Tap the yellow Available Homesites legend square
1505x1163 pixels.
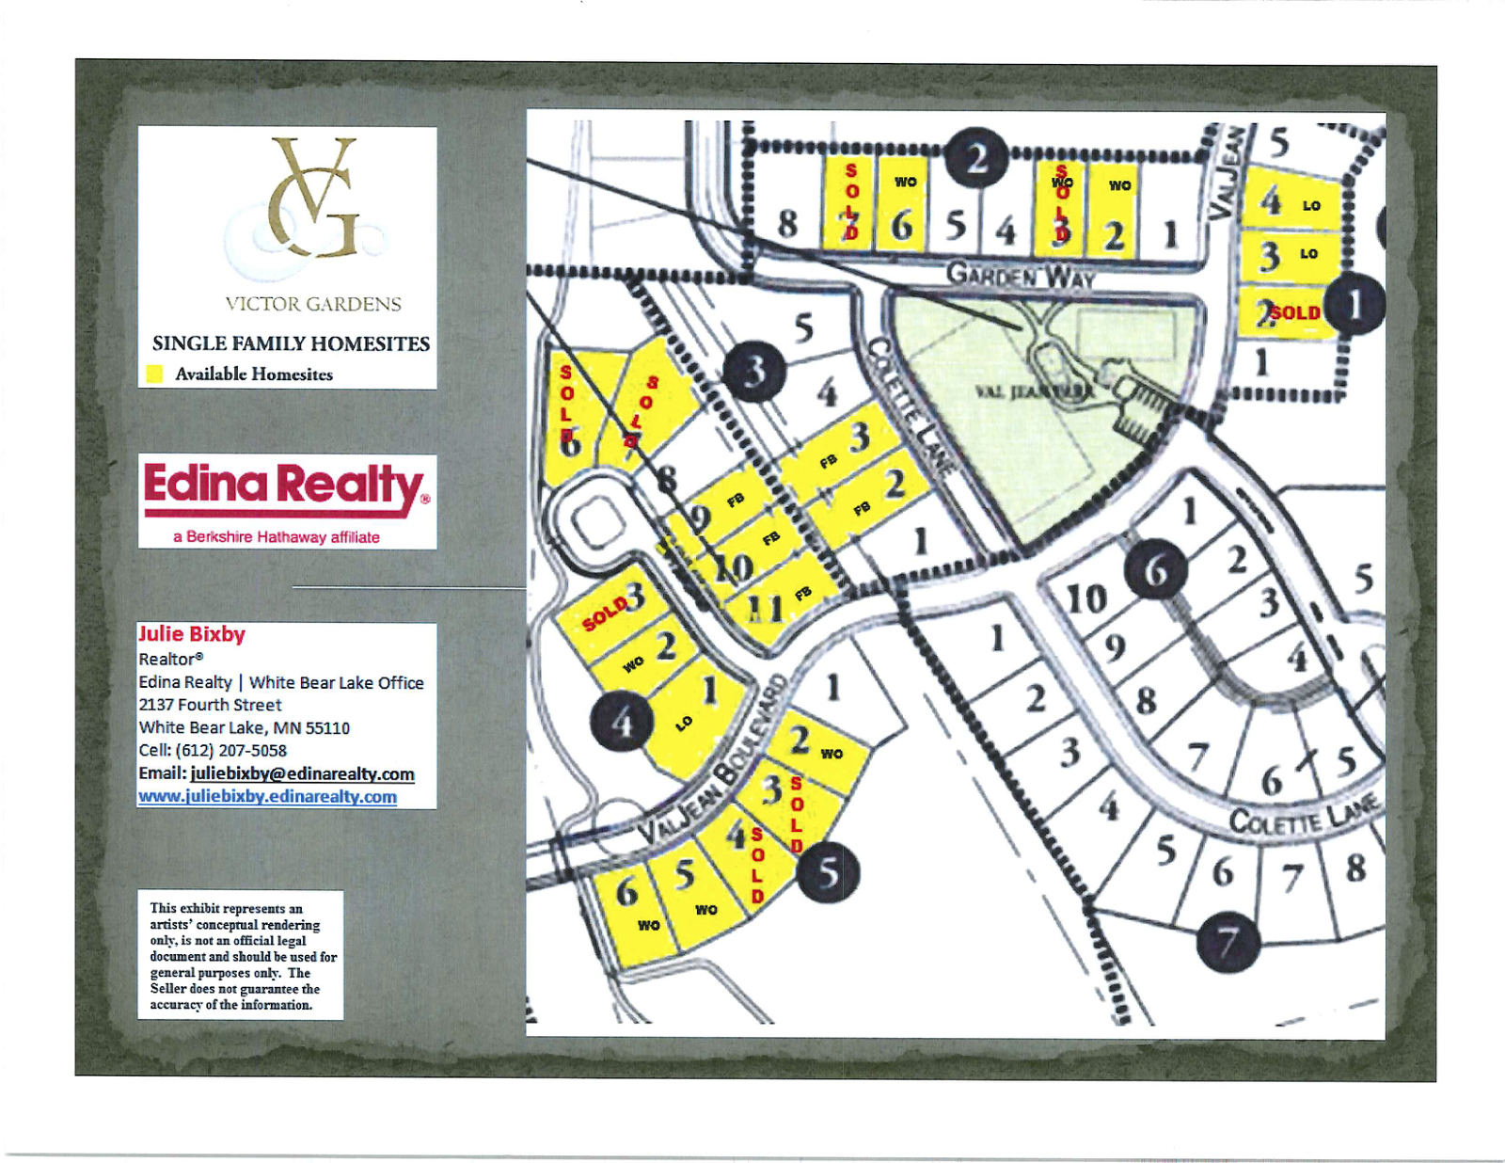coord(154,374)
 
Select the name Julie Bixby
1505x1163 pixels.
coord(192,634)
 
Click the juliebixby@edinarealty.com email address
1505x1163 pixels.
coord(302,773)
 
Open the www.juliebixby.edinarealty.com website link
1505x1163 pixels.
coord(268,797)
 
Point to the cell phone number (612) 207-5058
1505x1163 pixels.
coord(230,751)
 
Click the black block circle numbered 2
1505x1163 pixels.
coord(976,158)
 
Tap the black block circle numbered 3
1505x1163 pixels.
coord(754,372)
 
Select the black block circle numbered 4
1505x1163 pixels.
coord(622,722)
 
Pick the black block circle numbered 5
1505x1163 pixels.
coord(828,872)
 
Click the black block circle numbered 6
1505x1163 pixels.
coord(1156,570)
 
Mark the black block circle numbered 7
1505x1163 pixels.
coord(1228,941)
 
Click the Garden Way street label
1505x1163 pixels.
coord(1020,275)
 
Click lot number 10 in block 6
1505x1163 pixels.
coord(1086,598)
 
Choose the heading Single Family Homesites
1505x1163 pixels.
coord(291,344)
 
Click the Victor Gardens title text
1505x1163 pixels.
coord(313,304)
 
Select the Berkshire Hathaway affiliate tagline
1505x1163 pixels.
coord(277,537)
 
